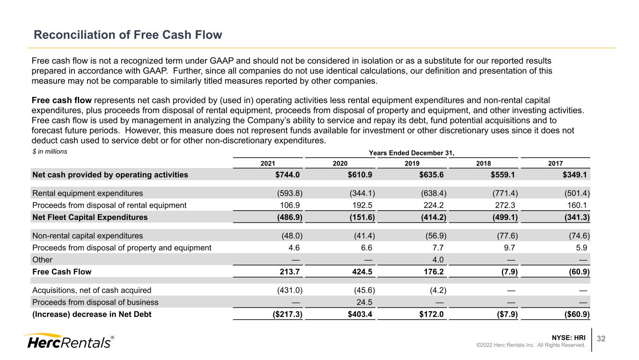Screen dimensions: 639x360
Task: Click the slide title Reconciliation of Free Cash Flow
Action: coord(128,35)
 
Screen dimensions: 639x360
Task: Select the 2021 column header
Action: coord(268,163)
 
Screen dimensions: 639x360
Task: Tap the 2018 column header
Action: coord(484,163)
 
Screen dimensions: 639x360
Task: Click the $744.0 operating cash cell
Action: coord(287,175)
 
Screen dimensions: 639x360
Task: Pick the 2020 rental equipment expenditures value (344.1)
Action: coord(362,193)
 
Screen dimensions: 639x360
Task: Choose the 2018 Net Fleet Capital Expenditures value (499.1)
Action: coord(505,217)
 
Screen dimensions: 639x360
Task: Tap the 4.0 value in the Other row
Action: coord(438,260)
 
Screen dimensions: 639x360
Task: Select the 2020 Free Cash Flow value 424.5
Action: coord(362,272)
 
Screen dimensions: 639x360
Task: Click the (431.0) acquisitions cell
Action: coord(290,290)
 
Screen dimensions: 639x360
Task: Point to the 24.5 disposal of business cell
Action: coord(364,302)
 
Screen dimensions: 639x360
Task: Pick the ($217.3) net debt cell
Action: coord(287,314)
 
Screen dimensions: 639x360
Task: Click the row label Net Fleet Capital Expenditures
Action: coord(90,217)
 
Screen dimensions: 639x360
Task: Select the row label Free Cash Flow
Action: coord(62,272)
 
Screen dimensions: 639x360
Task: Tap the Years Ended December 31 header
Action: coord(411,153)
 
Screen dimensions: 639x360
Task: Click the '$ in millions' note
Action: coord(50,152)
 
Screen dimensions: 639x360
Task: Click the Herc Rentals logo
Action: coord(68,341)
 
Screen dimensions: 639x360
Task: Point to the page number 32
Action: coord(601,338)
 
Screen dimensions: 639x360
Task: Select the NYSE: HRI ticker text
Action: coord(568,338)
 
